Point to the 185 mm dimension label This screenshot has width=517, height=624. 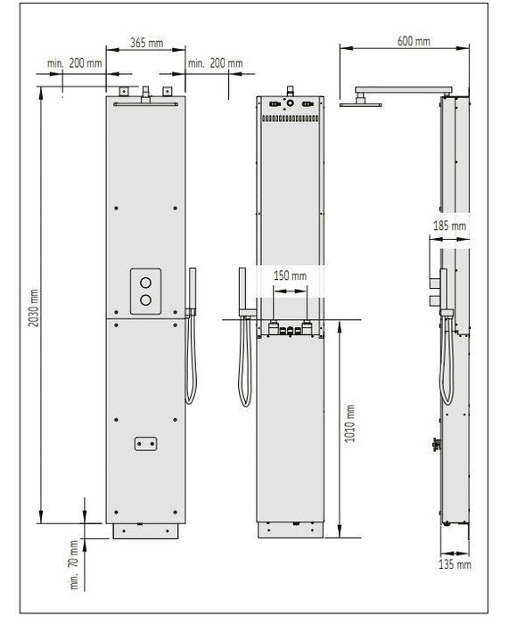coord(448,226)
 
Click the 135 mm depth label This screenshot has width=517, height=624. coord(455,563)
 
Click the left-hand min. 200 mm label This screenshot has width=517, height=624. coord(75,63)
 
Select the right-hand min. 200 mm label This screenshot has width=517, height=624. coord(216,63)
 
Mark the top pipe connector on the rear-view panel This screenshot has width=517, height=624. coord(289,89)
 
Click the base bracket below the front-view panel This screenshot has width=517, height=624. coord(147,532)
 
